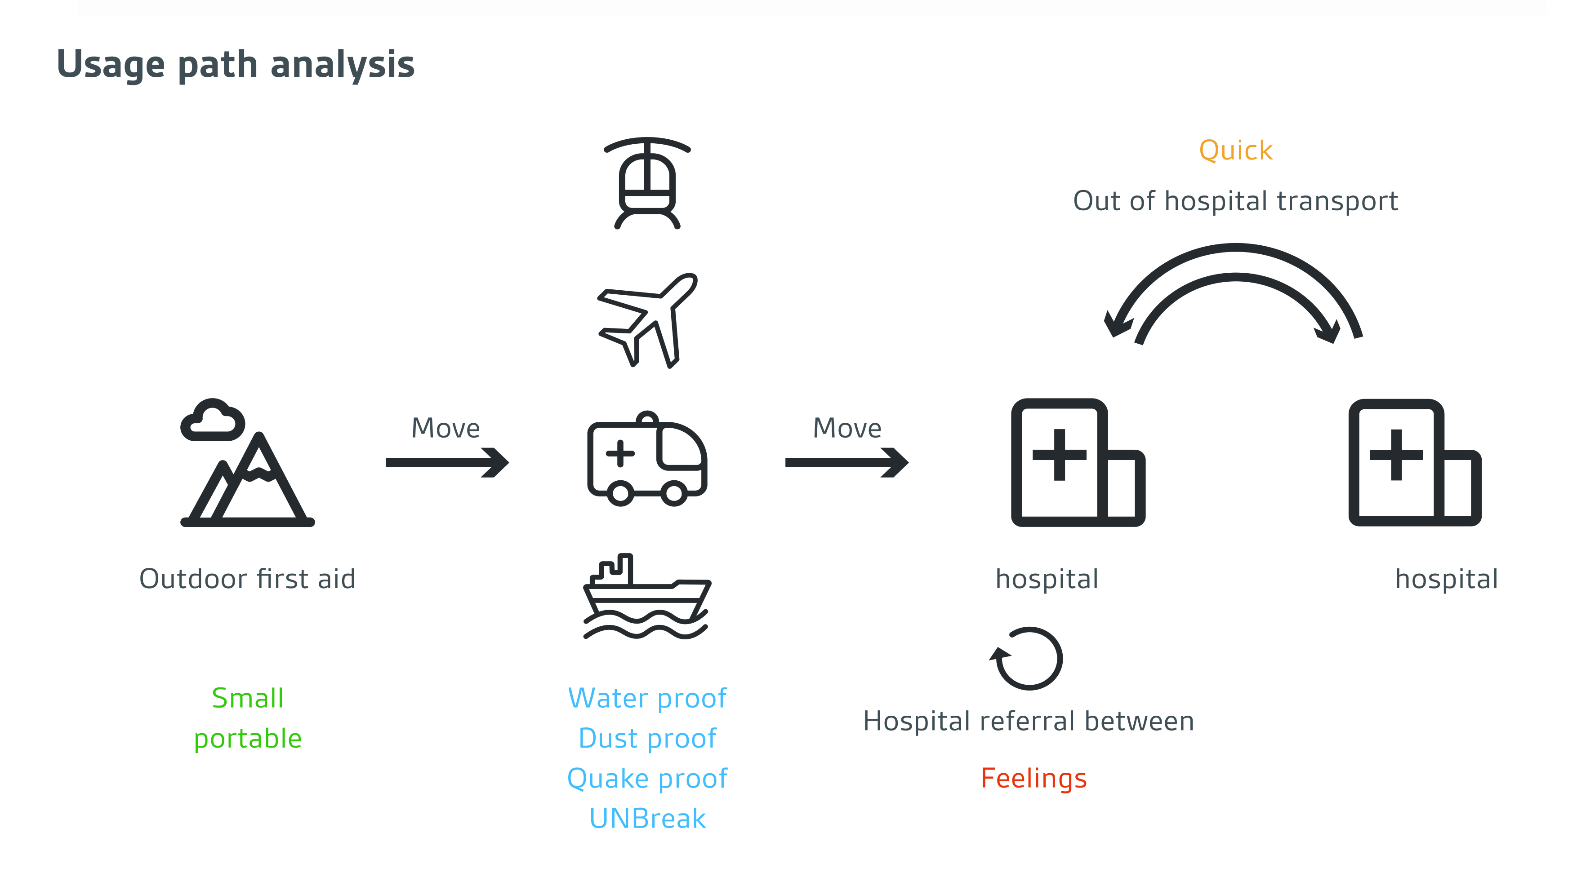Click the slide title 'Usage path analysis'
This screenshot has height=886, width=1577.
tap(236, 64)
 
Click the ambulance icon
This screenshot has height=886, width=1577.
tap(647, 459)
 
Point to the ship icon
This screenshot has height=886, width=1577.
tap(647, 597)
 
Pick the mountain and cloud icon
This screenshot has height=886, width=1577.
tap(248, 465)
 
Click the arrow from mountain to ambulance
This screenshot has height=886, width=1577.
tap(447, 463)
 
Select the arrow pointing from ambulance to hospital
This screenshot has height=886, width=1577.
tap(846, 463)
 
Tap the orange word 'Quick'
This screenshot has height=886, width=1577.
tap(1235, 151)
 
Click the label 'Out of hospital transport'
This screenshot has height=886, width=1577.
tap(1235, 201)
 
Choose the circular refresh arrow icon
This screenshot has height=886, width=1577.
tap(1027, 658)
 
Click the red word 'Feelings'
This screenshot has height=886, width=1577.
tap(1034, 778)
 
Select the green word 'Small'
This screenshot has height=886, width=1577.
tap(248, 698)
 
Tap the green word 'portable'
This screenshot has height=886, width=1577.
tap(248, 739)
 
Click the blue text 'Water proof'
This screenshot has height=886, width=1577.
tap(647, 698)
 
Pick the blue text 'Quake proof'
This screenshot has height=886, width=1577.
tap(647, 778)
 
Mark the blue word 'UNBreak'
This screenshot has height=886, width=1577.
tap(647, 819)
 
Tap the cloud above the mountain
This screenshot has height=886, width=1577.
tap(213, 421)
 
